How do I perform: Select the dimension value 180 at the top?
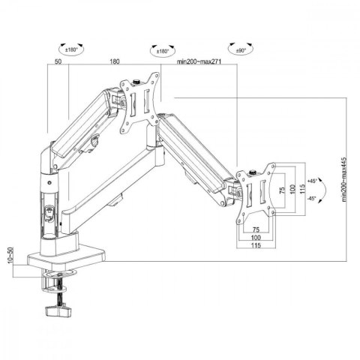click(x=115, y=64)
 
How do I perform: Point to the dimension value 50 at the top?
click(x=58, y=64)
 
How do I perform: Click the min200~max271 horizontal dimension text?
click(x=205, y=64)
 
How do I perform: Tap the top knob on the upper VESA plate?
click(x=138, y=82)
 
